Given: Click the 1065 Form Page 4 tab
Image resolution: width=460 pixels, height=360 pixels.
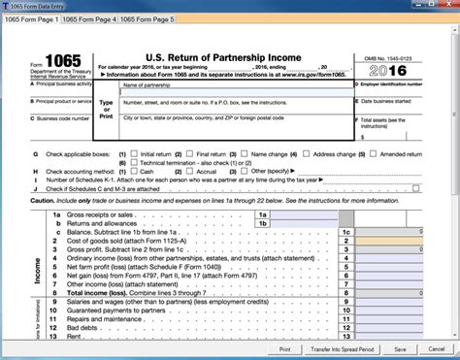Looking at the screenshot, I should (94, 18).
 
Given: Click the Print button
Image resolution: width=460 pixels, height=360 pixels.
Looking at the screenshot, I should (285, 347).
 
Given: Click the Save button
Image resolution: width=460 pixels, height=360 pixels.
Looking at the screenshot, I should (427, 347).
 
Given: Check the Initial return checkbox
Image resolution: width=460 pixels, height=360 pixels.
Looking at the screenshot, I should (135, 153).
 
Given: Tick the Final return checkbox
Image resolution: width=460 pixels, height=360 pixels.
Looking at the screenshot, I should (191, 153).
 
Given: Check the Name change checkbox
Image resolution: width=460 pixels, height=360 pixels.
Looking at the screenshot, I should (245, 153).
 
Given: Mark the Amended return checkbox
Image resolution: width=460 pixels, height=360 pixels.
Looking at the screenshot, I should (377, 153).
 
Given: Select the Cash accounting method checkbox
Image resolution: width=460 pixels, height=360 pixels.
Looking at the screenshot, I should (135, 173).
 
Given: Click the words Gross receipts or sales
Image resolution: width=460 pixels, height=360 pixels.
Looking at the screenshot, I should (96, 213).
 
